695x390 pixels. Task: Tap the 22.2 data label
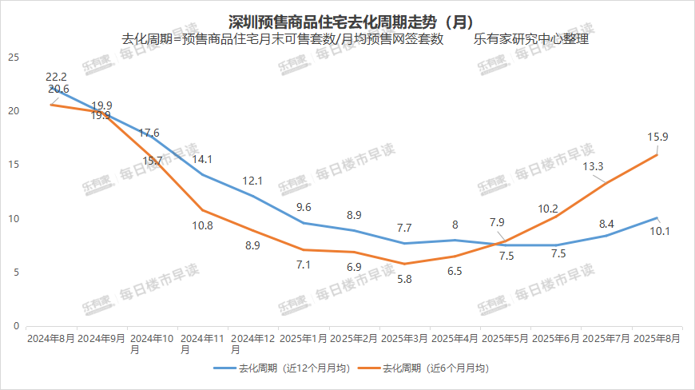pos(56,76)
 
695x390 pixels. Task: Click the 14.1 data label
pos(202,157)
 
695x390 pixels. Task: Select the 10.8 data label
pos(203,225)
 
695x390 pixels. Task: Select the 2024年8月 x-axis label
pos(51,338)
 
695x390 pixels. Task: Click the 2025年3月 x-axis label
pos(404,338)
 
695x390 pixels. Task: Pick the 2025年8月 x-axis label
pos(657,338)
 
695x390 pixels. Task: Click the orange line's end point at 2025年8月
pos(657,155)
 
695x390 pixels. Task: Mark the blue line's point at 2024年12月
pos(253,196)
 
